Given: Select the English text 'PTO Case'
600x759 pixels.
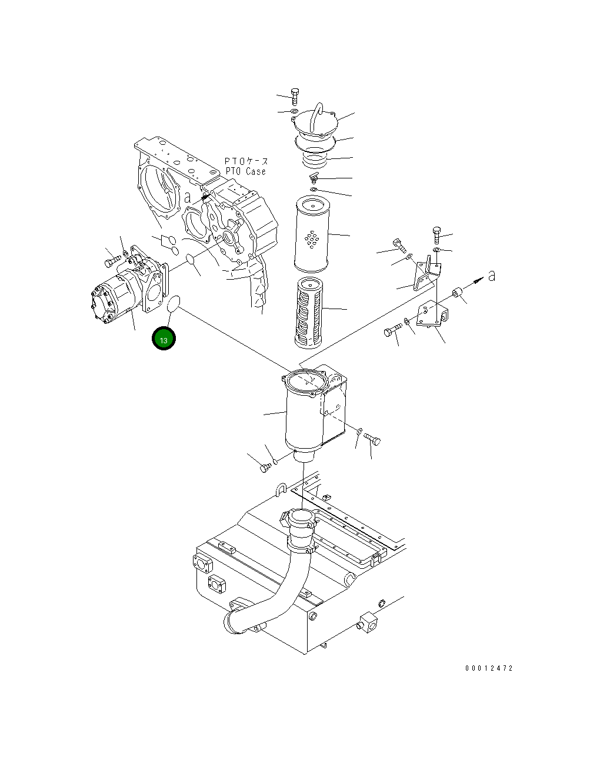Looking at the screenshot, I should (x=245, y=171).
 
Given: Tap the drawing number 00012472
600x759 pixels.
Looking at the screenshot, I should (x=489, y=668).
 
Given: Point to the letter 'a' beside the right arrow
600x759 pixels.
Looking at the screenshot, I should (x=491, y=275).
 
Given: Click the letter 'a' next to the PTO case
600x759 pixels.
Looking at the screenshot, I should (x=188, y=197).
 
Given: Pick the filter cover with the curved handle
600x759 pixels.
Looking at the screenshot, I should (x=315, y=125).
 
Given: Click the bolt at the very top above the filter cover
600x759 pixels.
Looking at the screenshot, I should (x=295, y=95).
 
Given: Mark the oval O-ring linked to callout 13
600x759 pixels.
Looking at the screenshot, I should (x=173, y=305).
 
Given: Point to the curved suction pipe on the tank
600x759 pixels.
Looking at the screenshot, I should (x=276, y=583).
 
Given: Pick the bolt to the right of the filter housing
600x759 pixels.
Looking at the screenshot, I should (x=372, y=439).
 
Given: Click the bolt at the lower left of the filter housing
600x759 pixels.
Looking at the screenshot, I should (x=265, y=467).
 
